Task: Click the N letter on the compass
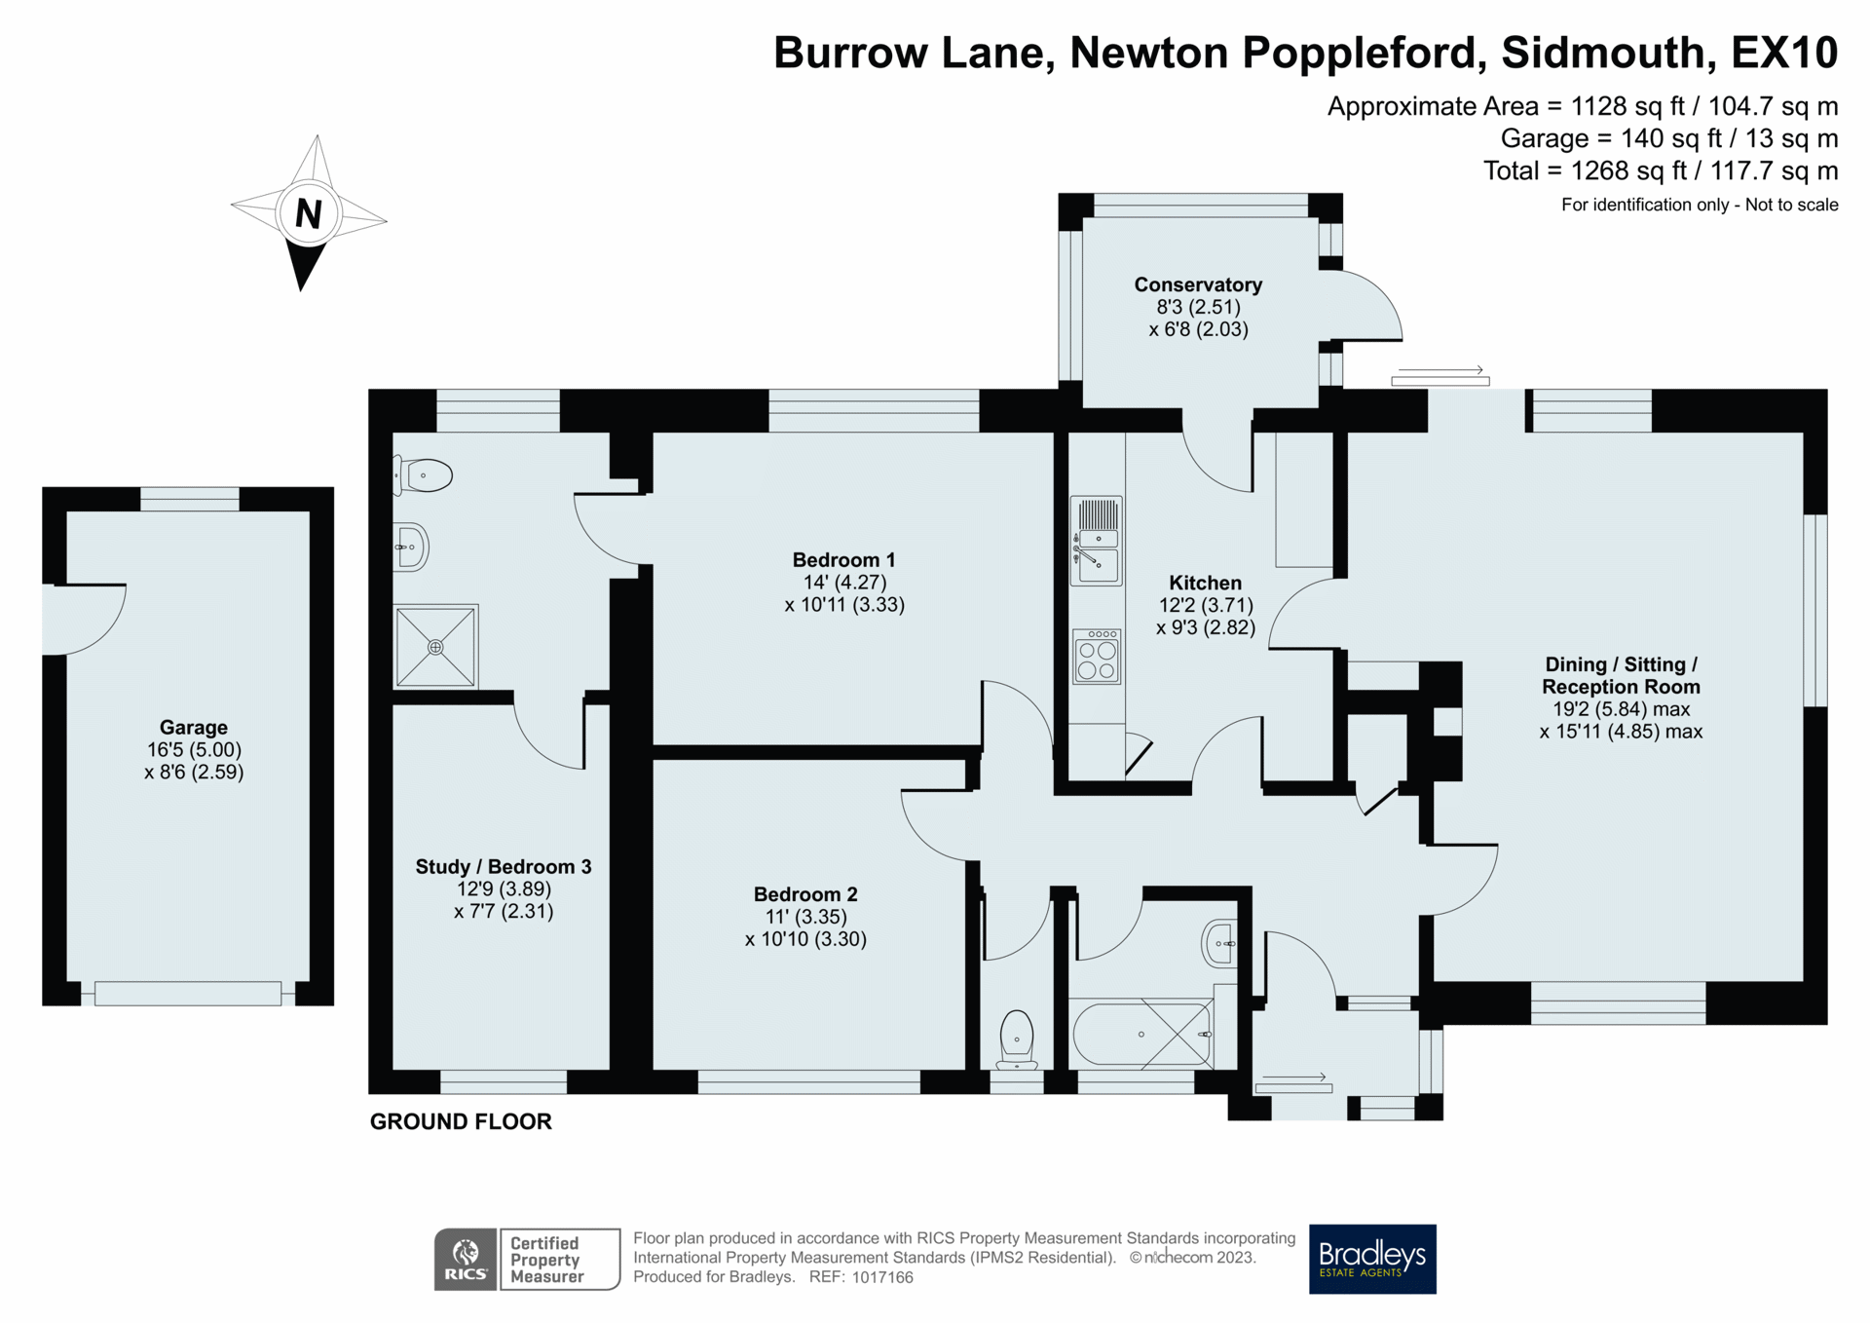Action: coord(308,213)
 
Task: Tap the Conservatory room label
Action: coord(1197,284)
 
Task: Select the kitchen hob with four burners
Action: coord(1097,658)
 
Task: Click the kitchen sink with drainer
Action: coord(1096,541)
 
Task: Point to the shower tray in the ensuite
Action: coord(435,647)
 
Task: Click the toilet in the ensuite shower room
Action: coord(425,475)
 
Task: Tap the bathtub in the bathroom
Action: coord(1141,1034)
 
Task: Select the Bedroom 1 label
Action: coord(842,560)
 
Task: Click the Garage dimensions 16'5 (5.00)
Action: coord(194,749)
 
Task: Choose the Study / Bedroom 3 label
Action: coord(503,867)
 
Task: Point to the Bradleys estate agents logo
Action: coord(1371,1259)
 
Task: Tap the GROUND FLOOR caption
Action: coord(461,1121)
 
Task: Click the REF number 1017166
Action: coord(882,1277)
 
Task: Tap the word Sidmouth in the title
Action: coord(1608,53)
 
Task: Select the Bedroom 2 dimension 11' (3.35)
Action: coord(805,917)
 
